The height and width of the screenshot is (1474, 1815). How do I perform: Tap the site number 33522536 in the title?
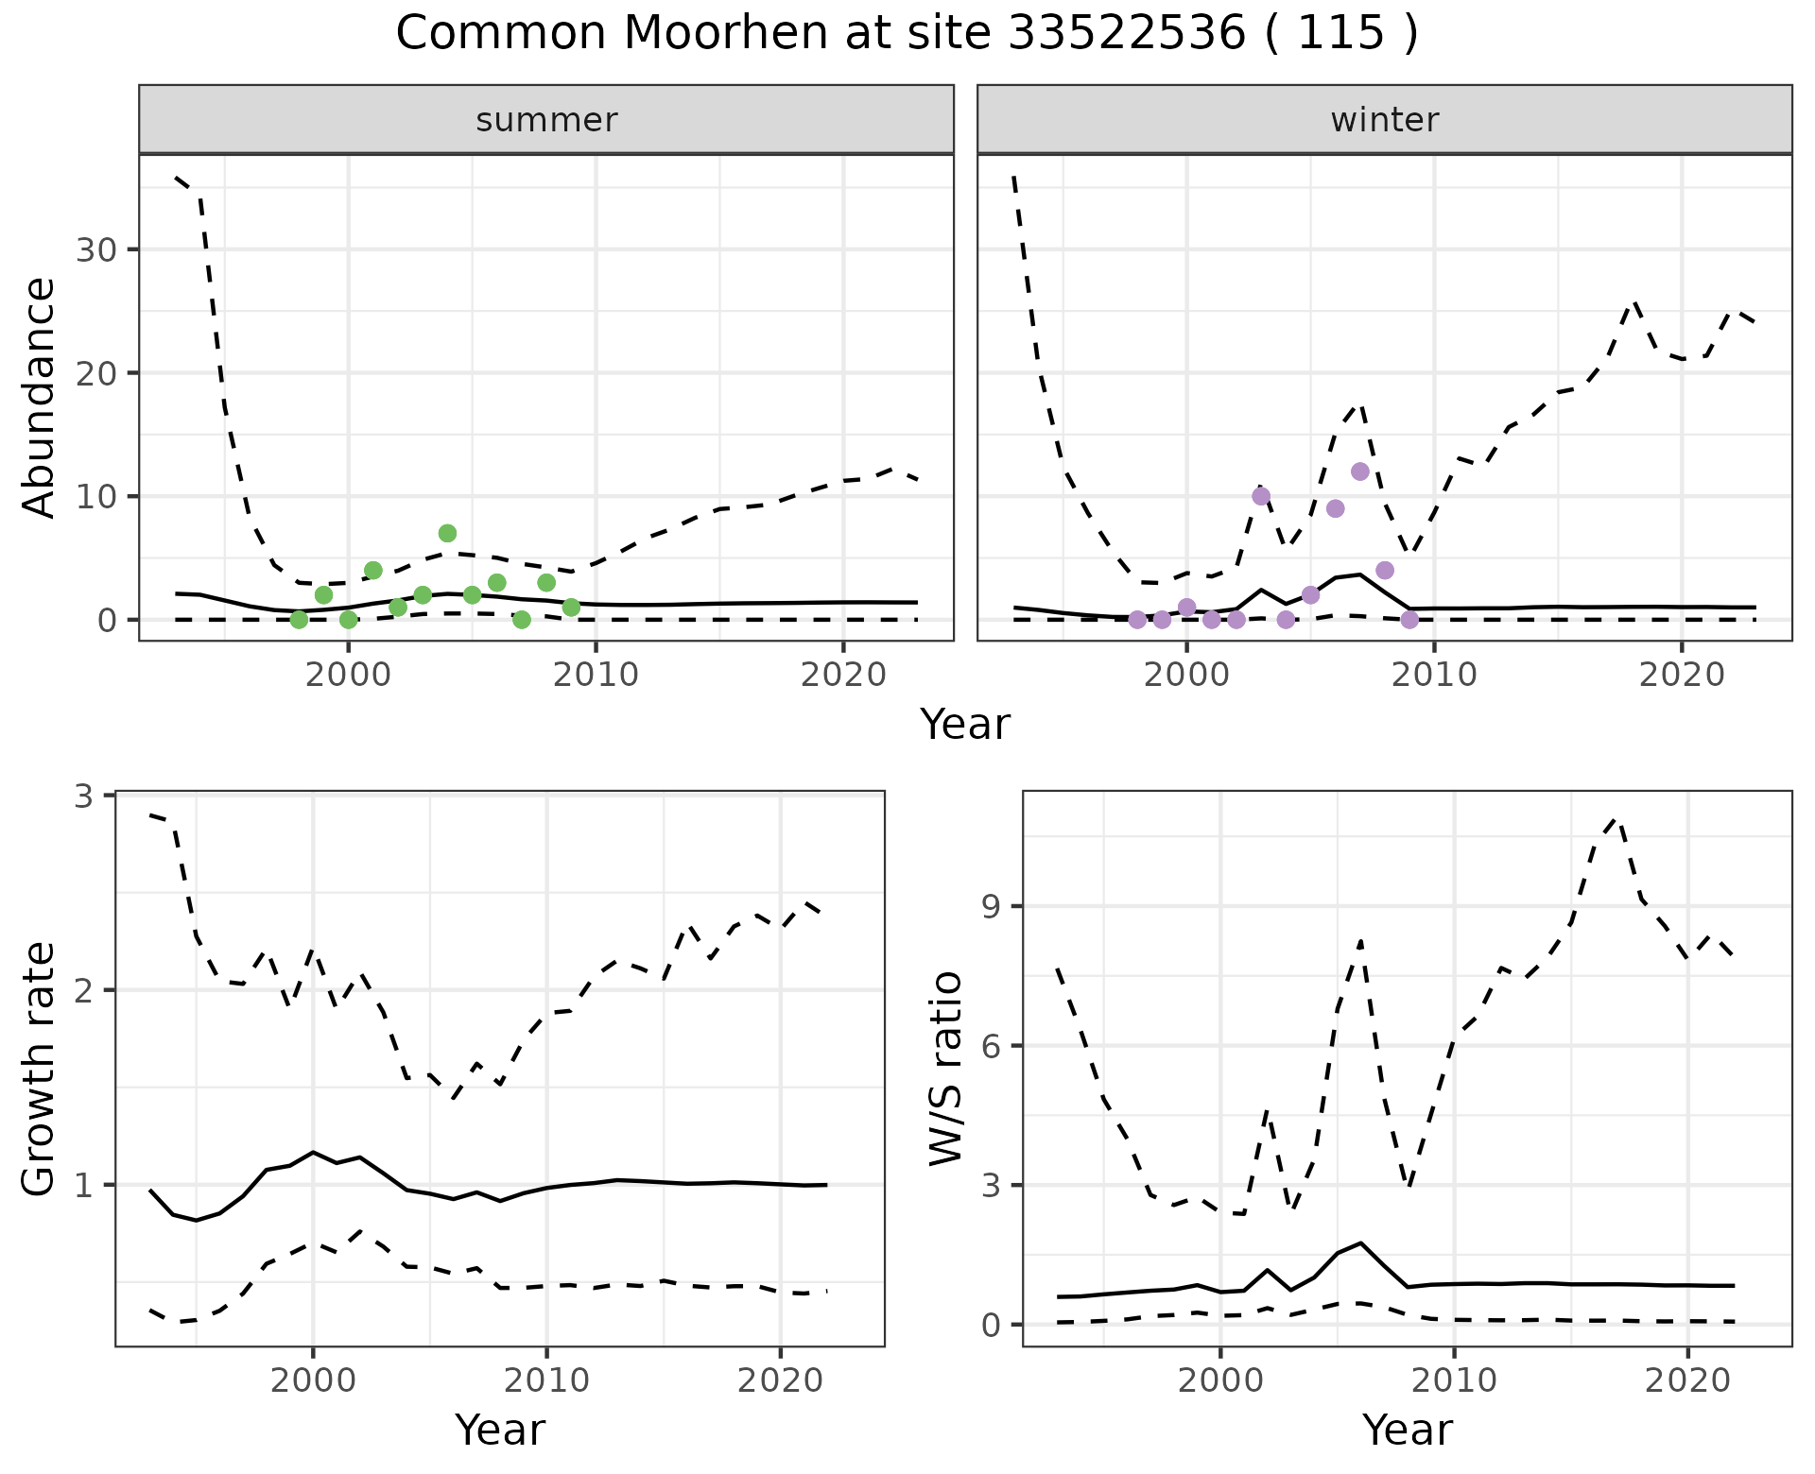(x=1128, y=34)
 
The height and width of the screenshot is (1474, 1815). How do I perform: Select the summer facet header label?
(x=546, y=120)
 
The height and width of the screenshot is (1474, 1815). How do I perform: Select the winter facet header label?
(x=1385, y=120)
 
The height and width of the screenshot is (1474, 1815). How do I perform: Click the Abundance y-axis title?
(x=40, y=397)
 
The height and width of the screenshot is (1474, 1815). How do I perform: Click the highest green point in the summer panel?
(x=447, y=533)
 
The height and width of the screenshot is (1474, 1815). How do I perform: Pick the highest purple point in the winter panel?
(x=1360, y=471)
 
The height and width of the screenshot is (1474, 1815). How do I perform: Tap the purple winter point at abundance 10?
(x=1261, y=496)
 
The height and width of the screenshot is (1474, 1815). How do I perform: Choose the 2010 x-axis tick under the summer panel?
(x=596, y=675)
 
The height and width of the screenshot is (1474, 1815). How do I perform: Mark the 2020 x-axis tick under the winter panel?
(x=1682, y=675)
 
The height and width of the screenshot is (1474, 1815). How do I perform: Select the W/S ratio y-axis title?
(x=945, y=1068)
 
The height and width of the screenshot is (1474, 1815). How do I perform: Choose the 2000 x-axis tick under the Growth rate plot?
(x=313, y=1380)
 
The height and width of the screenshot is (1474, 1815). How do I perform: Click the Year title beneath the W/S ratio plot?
(x=1407, y=1431)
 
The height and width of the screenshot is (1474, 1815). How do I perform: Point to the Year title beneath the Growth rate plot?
(x=499, y=1431)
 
